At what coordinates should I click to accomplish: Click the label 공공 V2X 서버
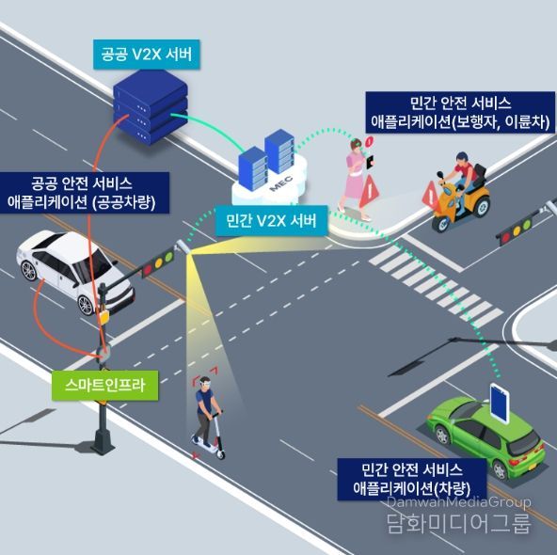tap(147, 55)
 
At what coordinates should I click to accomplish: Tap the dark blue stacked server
tap(151, 107)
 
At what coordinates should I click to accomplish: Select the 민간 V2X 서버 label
tap(271, 221)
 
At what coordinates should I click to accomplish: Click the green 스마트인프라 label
tap(104, 386)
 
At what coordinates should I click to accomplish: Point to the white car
tap(74, 271)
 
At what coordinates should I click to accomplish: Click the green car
tap(486, 436)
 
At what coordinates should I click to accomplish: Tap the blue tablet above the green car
tap(500, 403)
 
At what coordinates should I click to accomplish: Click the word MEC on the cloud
tap(281, 182)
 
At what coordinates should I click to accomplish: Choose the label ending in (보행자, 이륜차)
tap(460, 113)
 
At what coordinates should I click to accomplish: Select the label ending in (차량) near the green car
tap(412, 479)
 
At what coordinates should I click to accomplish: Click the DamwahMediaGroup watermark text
tap(458, 502)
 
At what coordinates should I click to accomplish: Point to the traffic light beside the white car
tap(158, 263)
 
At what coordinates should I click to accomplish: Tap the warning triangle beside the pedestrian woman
tap(369, 191)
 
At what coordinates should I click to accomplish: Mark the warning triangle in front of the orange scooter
tap(430, 194)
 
